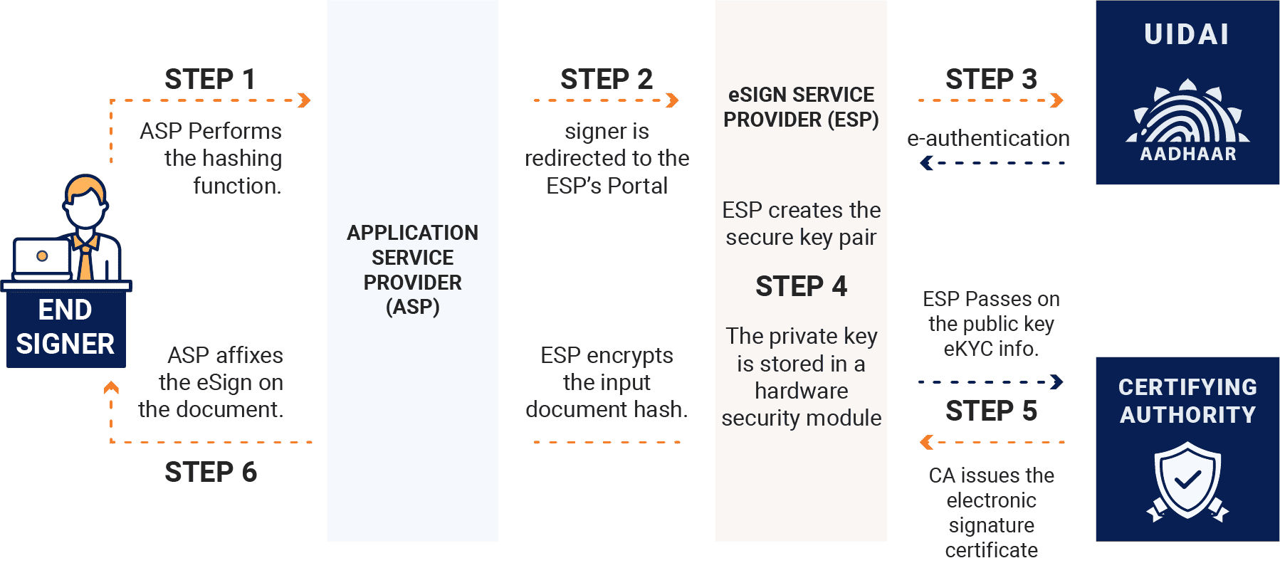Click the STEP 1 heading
[x=209, y=79]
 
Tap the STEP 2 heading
[x=606, y=79]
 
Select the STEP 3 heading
[x=990, y=79]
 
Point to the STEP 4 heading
[x=801, y=286]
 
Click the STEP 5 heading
[x=991, y=411]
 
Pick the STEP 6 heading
[x=211, y=472]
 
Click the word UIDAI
[x=1187, y=34]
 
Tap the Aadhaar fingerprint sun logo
[x=1187, y=114]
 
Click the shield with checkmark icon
[x=1187, y=480]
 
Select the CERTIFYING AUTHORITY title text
[x=1187, y=401]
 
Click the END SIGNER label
[x=65, y=327]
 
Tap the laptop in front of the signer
[x=43, y=258]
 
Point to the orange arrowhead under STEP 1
[x=305, y=100]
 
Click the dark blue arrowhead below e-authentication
[x=926, y=163]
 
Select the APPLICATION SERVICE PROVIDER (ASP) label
[x=412, y=270]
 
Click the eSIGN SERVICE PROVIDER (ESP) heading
[x=801, y=107]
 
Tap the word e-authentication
[x=988, y=138]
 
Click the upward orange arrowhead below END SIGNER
[x=111, y=388]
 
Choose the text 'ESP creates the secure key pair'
[x=801, y=223]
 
